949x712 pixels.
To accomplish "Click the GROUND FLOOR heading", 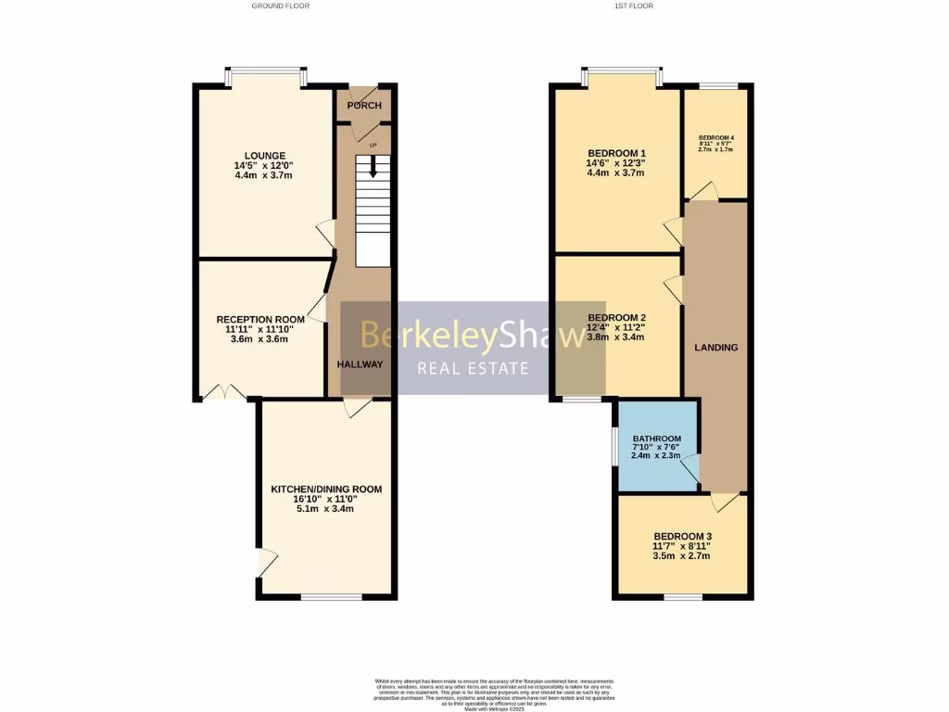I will [280, 6].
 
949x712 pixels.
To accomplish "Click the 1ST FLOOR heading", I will [633, 6].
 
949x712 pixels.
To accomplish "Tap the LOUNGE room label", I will [265, 155].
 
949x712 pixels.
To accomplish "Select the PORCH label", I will [364, 105].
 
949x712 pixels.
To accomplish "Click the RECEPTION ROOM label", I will [259, 319].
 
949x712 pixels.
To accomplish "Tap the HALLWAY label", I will [360, 364].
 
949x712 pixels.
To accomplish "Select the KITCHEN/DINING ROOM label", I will [325, 489].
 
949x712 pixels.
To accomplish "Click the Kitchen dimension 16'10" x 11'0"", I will [325, 499].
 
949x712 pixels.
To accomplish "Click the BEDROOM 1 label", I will [616, 153].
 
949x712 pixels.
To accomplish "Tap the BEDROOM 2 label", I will [616, 317].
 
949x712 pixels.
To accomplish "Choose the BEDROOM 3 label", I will [682, 536].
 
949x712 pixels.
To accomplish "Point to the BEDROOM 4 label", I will [715, 138].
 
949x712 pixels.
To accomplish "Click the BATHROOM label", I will [656, 439].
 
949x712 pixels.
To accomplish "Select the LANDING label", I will [716, 348].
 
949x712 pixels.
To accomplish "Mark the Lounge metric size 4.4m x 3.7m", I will [265, 175].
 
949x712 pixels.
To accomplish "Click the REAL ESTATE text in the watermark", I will [473, 369].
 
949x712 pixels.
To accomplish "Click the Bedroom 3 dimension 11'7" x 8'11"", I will [682, 546].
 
